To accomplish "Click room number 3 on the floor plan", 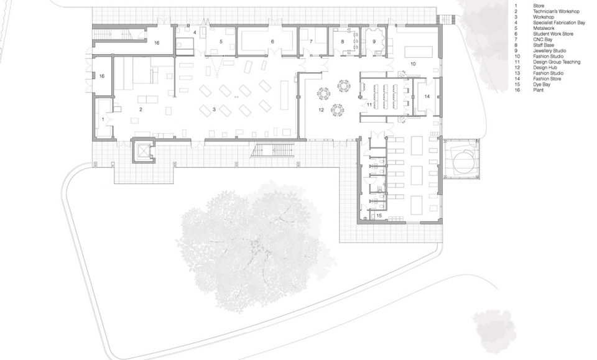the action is pos(214,109).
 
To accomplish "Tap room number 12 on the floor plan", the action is pos(321,110).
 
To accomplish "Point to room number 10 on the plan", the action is pos(413,64).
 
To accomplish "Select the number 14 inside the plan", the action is pos(427,96).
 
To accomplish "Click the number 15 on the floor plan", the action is pos(379,216).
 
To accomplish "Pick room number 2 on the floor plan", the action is pos(141,109).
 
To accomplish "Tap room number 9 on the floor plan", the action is pos(374,42).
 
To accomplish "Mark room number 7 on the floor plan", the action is pos(311,42).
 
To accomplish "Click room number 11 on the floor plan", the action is pos(369,104).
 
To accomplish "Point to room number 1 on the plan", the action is pos(103,119).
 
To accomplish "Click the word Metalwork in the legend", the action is pos(544,28).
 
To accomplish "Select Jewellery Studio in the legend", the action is pos(549,50).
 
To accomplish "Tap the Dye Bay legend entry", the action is pos(542,85).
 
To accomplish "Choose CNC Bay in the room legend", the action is pos(542,40).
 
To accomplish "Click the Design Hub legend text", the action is pos(545,68).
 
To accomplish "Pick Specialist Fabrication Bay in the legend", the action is pos(559,23).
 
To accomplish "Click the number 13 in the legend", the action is pos(517,73).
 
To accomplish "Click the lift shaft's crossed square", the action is pos(144,151).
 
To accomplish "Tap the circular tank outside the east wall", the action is pos(463,159).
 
